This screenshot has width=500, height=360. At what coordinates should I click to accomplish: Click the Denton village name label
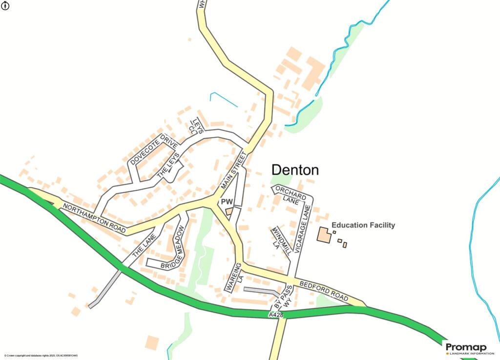click(x=295, y=170)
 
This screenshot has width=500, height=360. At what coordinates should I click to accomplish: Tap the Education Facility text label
click(x=363, y=225)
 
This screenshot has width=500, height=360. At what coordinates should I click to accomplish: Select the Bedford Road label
click(x=324, y=290)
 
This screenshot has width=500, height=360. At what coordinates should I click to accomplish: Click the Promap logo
click(x=466, y=348)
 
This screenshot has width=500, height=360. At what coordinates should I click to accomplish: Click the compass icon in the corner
click(x=6, y=6)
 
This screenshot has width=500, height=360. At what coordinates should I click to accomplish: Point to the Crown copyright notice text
click(x=41, y=356)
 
